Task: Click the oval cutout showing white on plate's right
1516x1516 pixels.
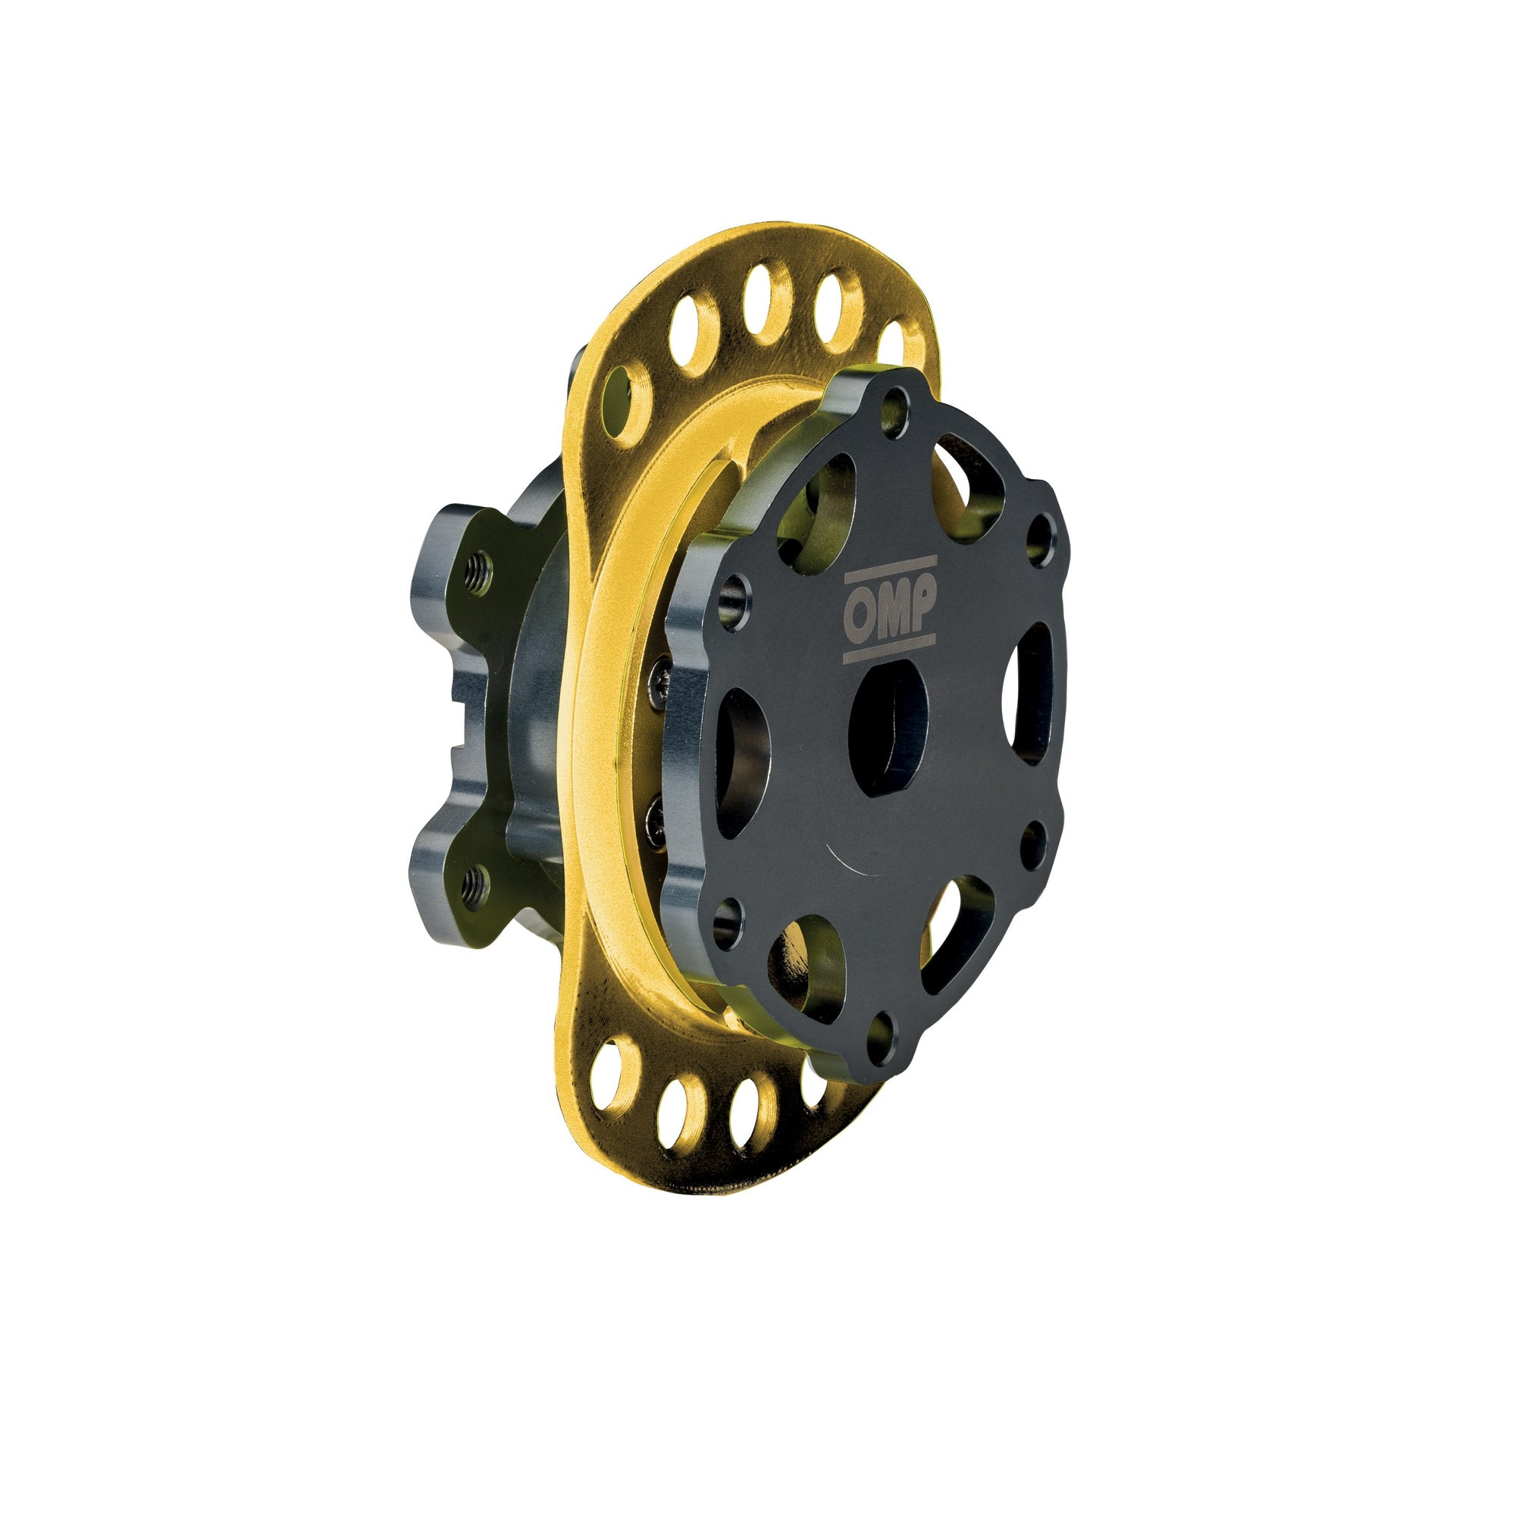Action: (1030, 694)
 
